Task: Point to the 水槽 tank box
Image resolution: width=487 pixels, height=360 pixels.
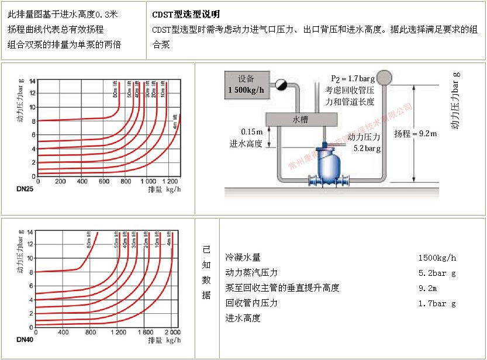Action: pos(301,119)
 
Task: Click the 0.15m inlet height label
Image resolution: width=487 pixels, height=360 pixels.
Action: pos(251,132)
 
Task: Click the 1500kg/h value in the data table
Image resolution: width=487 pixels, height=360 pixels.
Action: pos(437,258)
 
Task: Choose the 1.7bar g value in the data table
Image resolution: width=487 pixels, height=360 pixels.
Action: pos(437,303)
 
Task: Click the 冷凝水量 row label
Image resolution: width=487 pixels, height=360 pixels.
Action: pos(243,258)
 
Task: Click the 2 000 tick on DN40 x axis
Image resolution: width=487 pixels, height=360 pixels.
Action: pos(172,333)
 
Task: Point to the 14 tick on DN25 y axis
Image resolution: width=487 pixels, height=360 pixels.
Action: pos(32,81)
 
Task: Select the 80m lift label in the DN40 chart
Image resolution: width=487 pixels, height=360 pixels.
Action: pos(89,240)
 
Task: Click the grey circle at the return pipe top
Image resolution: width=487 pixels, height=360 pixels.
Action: pos(384,77)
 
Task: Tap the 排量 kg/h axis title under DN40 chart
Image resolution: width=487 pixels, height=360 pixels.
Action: pos(164,340)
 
